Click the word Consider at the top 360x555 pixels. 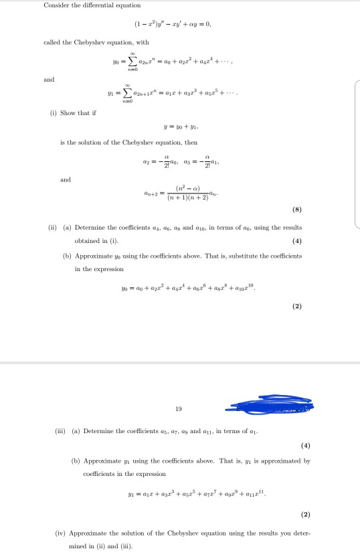pyautogui.click(x=54, y=6)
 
